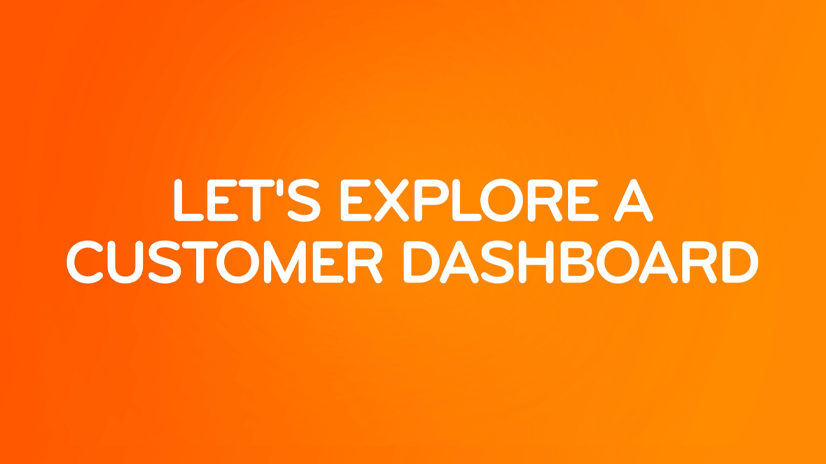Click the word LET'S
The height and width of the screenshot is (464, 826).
[x=247, y=201]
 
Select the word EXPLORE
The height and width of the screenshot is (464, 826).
[x=470, y=201]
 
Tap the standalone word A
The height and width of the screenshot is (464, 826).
[x=634, y=201]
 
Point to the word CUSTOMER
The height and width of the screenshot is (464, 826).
[x=224, y=262]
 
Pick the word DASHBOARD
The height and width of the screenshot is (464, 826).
[x=581, y=262]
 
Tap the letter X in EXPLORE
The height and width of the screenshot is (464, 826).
[x=391, y=201]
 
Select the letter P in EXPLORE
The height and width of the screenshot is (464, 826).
[x=432, y=201]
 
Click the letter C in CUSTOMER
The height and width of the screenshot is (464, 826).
[x=85, y=262]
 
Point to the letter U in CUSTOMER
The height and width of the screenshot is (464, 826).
[x=125, y=262]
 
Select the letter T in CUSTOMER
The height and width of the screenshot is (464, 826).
[x=200, y=262]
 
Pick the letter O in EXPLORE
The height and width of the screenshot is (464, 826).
[x=501, y=201]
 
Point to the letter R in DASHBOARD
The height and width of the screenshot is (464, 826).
[x=701, y=262]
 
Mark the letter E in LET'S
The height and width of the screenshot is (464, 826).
[x=222, y=201]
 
